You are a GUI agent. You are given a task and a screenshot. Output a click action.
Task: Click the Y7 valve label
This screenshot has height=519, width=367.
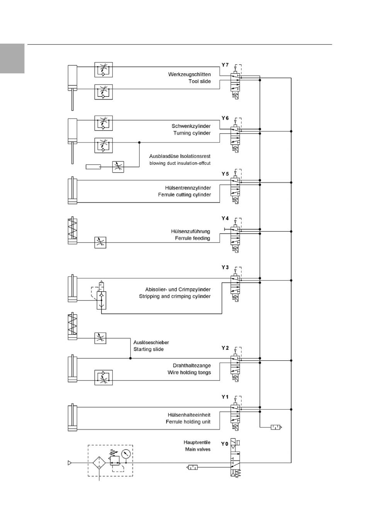tap(225, 65)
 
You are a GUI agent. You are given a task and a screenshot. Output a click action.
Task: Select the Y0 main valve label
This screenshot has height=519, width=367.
tap(224, 444)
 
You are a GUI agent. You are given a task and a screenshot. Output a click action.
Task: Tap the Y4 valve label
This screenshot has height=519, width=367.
tap(225, 218)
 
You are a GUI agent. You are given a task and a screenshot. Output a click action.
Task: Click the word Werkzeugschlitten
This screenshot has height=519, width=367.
tap(189, 75)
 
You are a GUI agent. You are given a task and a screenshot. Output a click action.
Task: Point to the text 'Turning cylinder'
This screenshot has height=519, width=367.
tap(192, 133)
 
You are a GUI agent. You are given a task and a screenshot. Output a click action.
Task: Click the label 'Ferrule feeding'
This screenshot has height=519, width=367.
tap(192, 238)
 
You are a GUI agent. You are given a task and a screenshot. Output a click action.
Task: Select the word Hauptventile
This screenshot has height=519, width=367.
tap(197, 442)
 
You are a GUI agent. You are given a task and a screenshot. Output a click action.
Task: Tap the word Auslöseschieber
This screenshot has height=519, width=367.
tap(151, 342)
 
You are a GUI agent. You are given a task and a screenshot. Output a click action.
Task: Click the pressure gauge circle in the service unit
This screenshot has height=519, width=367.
tap(126, 454)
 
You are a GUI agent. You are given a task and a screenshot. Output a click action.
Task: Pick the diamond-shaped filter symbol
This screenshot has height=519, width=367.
tap(99, 463)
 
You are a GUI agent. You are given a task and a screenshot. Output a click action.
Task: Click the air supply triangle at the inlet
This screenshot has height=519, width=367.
tap(70, 463)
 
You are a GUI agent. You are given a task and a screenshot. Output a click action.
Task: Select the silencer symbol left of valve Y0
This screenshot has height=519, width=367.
tap(192, 467)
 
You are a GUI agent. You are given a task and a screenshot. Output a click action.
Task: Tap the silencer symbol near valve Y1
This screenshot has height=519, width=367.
tap(276, 427)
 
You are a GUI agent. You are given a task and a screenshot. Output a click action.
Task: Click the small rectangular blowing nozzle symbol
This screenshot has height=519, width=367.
tap(93, 166)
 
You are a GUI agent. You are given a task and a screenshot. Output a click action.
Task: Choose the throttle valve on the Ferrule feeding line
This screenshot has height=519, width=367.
tap(100, 243)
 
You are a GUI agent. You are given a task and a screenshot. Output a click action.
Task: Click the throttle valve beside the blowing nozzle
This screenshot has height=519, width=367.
tap(118, 167)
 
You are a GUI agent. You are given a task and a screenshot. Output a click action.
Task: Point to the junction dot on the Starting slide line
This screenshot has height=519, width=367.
tap(130, 358)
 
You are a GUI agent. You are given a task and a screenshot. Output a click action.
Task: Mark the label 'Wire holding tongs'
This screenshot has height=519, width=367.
tap(189, 372)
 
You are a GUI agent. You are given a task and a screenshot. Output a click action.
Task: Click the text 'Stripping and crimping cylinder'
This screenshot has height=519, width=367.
tap(175, 296)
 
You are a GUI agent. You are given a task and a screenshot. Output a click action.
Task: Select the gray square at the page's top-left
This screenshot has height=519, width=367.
tap(12, 58)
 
